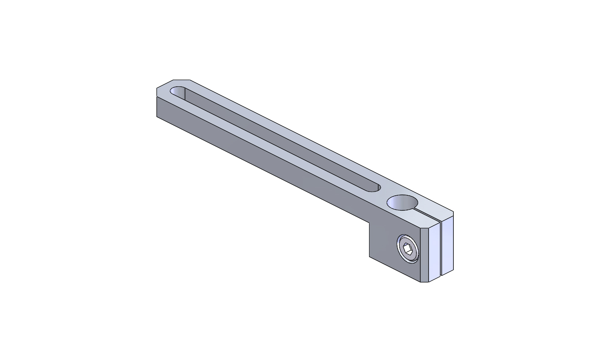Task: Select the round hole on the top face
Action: [402, 203]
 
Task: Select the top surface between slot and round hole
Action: [383, 194]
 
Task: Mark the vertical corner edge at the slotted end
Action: [157, 107]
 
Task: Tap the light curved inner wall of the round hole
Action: [397, 203]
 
